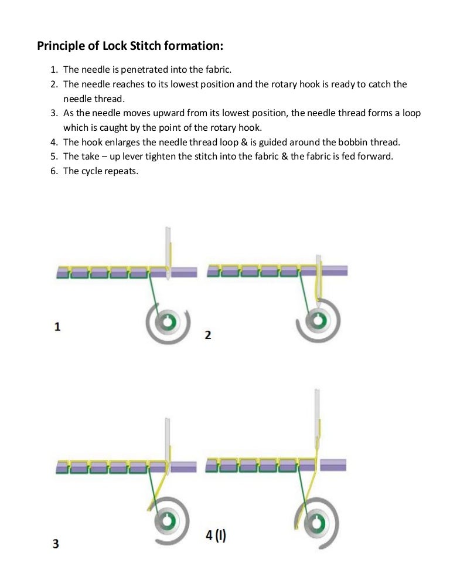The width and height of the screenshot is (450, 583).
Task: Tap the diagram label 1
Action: click(57, 327)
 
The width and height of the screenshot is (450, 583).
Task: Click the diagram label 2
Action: click(208, 335)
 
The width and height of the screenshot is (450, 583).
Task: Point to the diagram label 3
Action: click(56, 544)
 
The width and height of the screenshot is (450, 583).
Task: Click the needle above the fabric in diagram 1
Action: click(168, 243)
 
